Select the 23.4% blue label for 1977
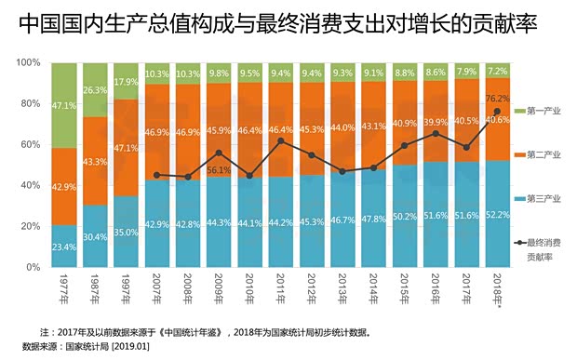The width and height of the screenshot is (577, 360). (64, 247)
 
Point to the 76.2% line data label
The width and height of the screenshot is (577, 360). (497, 97)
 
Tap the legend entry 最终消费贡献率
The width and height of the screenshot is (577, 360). (543, 250)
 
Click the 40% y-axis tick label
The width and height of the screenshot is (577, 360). (30, 186)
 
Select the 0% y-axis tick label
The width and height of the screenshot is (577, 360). (33, 268)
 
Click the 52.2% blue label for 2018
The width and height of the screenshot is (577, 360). (497, 214)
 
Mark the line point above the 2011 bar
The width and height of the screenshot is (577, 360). (280, 140)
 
